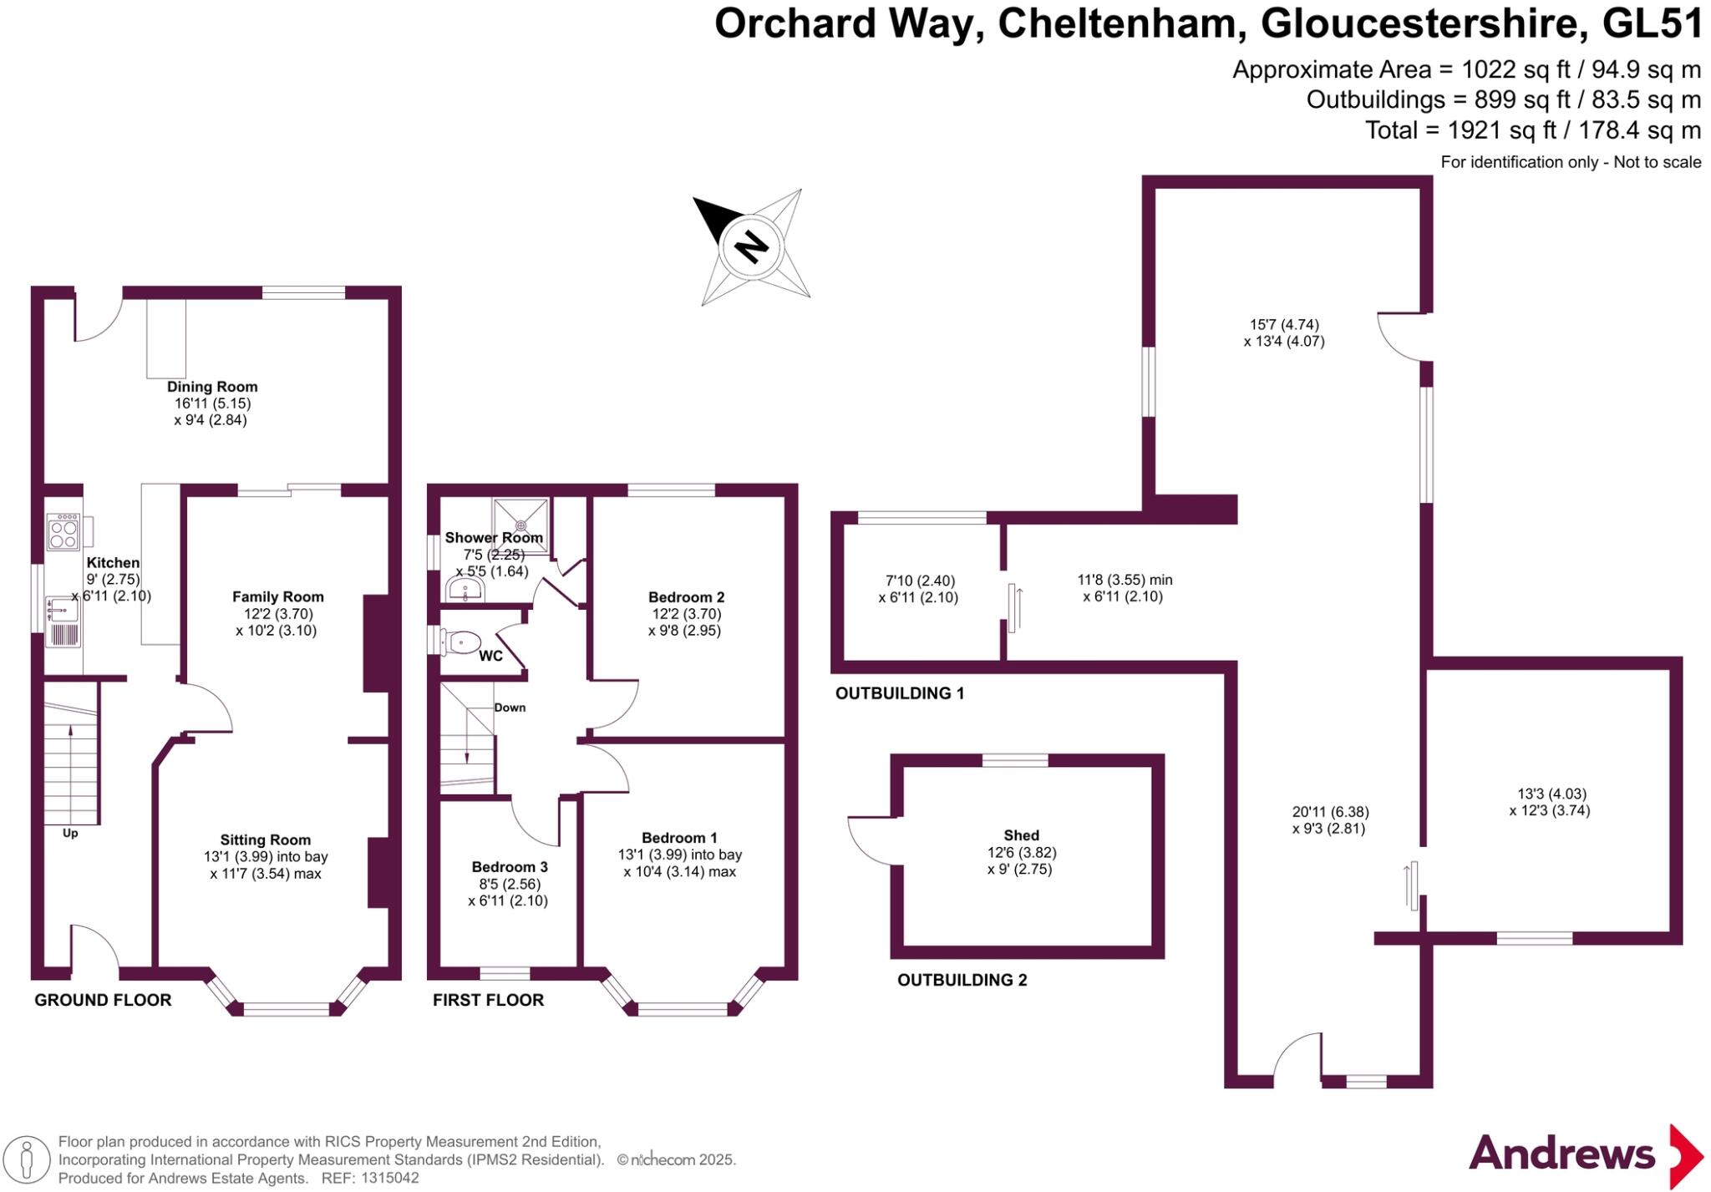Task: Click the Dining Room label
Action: (x=212, y=387)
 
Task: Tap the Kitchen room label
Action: (x=113, y=563)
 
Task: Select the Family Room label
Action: (x=277, y=596)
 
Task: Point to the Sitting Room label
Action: (x=265, y=839)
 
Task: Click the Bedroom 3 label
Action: (x=509, y=867)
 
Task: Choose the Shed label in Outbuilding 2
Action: (x=1021, y=835)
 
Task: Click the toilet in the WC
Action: (x=461, y=642)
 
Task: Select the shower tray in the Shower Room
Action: (x=521, y=525)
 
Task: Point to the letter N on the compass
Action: (x=751, y=246)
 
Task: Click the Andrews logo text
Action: (x=1561, y=1154)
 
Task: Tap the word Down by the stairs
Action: (x=510, y=708)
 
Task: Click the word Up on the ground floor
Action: (x=70, y=833)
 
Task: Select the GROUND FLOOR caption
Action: (x=103, y=1000)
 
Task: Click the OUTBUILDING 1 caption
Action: (x=900, y=693)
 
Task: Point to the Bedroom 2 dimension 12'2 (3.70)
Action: (x=686, y=614)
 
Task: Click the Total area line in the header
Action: (x=1532, y=130)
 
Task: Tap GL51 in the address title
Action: (x=1653, y=24)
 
